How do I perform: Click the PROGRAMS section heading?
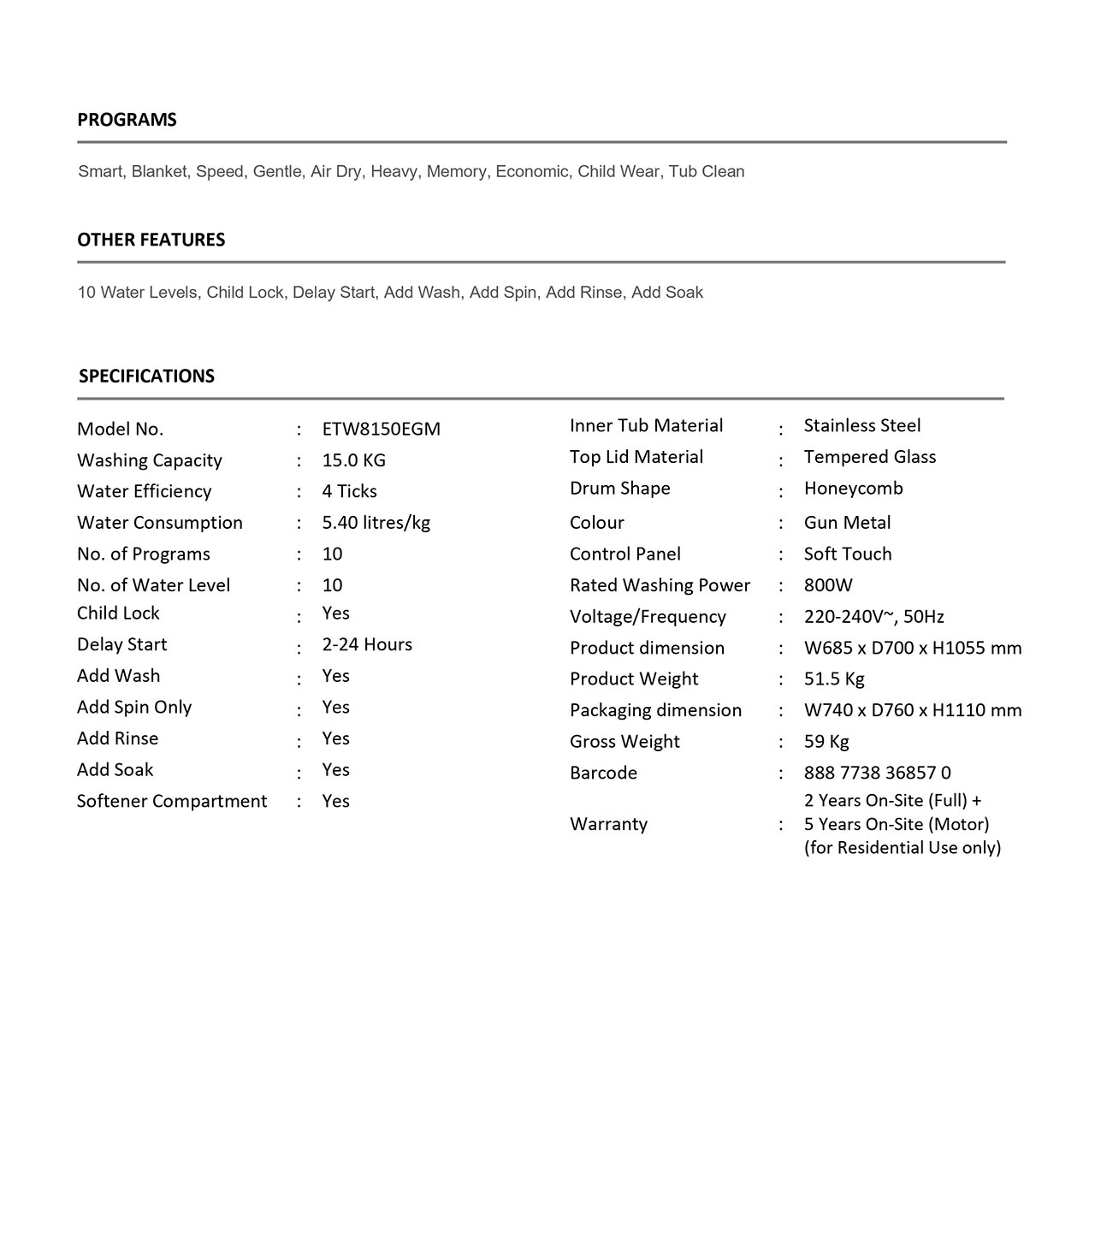(127, 120)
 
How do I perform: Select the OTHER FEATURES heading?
(151, 240)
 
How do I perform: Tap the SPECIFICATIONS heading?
(146, 376)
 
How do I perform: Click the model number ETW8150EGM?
(381, 429)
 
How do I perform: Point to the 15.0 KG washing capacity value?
(353, 460)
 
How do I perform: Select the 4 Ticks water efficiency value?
(349, 491)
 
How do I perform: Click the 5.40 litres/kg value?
(376, 523)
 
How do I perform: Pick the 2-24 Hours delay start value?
(367, 644)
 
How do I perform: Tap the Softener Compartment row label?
(172, 801)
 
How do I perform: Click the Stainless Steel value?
(862, 425)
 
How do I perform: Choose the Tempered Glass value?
(870, 457)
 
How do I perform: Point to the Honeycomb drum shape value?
(853, 489)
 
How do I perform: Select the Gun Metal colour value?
(847, 523)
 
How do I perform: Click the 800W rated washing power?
(828, 585)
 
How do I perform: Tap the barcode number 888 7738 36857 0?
(877, 773)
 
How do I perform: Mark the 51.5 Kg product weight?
(834, 679)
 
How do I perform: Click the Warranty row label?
(608, 824)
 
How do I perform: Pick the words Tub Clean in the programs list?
(707, 171)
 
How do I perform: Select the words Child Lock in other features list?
(245, 293)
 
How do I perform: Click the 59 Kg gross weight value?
(826, 742)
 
